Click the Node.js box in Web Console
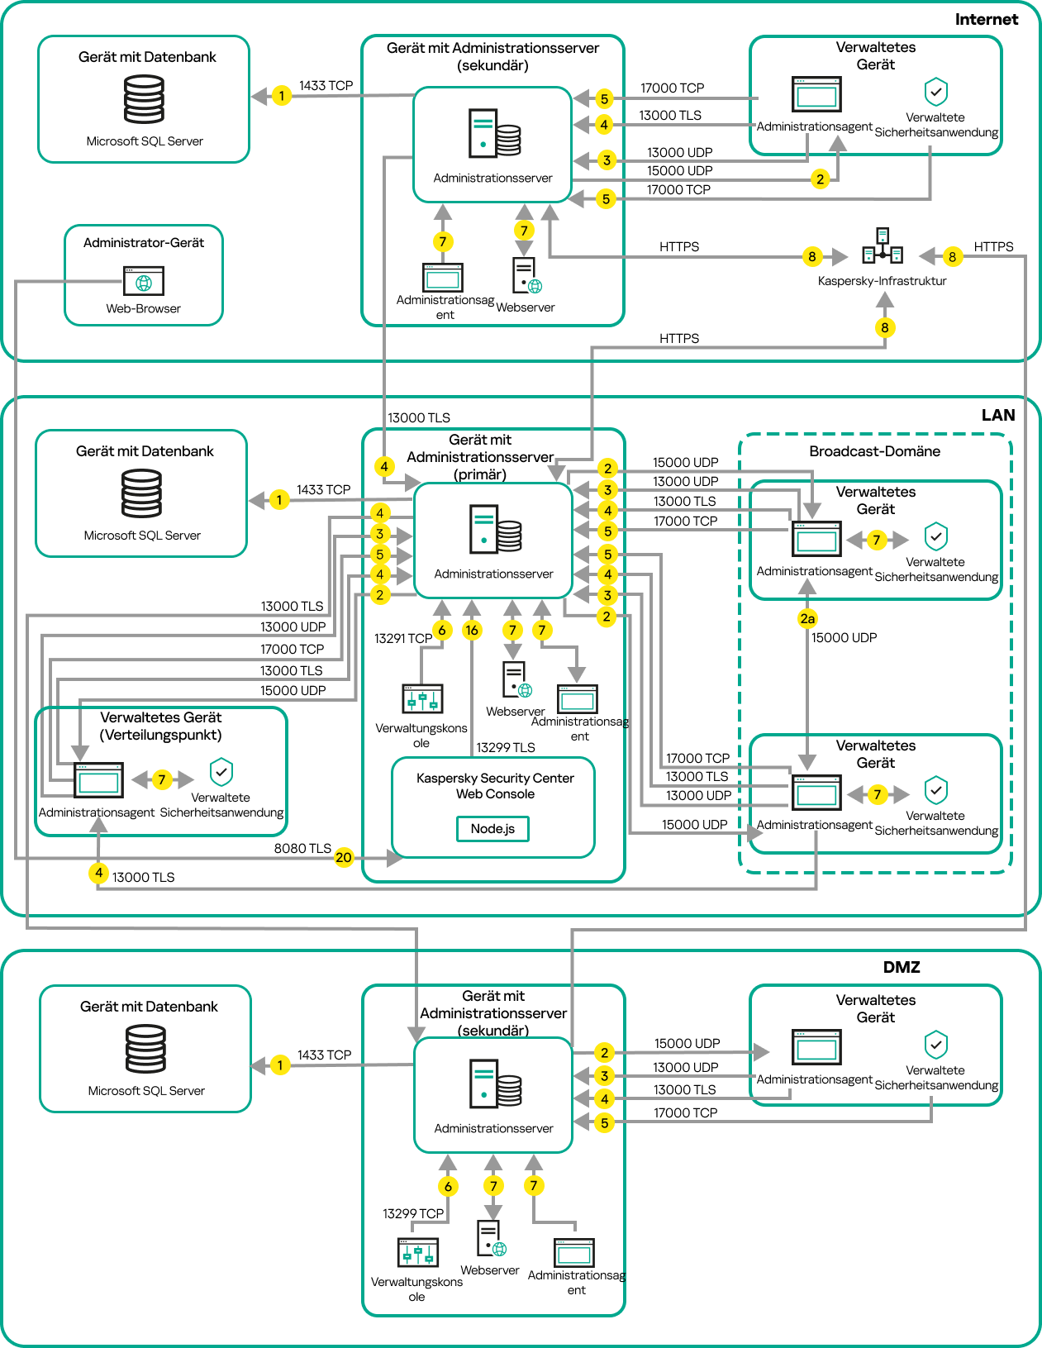pos(492,829)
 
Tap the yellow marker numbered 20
pos(344,858)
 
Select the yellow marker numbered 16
pos(472,631)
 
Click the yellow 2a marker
pos(807,618)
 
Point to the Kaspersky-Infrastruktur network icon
pos(883,246)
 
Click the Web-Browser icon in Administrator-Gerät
pos(144,281)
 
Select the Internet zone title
pos(986,20)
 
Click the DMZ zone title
pos(901,967)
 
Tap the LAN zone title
pos(997,416)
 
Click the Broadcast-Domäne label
pos(874,451)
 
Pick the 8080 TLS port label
pos(302,849)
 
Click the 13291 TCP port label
pos(403,639)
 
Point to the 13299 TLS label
pos(506,748)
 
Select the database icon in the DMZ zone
pos(145,1049)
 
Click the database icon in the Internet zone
pos(144,99)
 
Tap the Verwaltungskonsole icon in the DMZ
pos(418,1253)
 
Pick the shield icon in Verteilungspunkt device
pos(221,772)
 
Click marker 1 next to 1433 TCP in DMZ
pos(280,1065)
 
